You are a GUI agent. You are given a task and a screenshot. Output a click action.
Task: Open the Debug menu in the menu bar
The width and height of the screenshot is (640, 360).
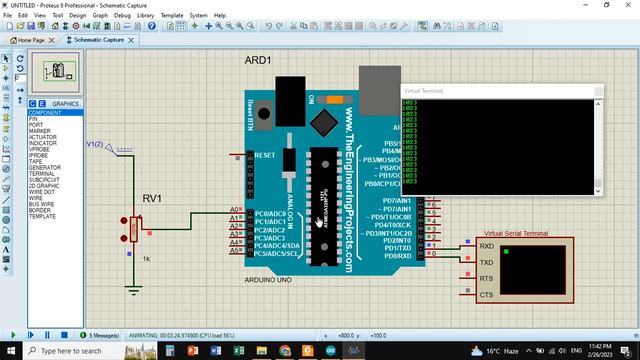tap(122, 16)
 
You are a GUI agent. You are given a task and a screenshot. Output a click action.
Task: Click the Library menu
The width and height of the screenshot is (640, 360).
tap(146, 16)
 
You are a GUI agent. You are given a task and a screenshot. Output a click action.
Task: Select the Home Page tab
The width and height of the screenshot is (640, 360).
tap(26, 40)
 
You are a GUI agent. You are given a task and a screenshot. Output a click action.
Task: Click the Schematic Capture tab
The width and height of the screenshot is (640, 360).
tap(98, 40)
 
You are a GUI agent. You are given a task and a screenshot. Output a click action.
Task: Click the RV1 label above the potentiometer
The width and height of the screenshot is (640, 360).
tap(153, 199)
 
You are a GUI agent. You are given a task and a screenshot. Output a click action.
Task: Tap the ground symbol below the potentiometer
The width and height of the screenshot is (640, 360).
tap(134, 290)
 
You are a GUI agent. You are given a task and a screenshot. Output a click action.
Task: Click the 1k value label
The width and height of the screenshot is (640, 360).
tap(145, 259)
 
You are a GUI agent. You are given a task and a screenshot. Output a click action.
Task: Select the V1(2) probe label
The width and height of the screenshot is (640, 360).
tap(94, 144)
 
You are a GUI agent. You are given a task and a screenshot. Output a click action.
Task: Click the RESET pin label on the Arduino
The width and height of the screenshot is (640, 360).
tap(265, 156)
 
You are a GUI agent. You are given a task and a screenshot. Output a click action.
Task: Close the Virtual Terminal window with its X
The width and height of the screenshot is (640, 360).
tap(599, 91)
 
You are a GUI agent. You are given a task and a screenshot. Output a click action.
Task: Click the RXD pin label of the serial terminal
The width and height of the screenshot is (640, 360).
tap(486, 246)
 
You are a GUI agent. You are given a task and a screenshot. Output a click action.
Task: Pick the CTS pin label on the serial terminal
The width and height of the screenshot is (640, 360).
tap(486, 295)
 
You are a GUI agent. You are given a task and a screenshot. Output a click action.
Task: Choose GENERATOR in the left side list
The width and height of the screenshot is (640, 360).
tap(46, 167)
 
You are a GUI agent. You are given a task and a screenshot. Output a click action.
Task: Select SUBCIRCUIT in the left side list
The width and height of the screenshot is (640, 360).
tap(46, 179)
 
